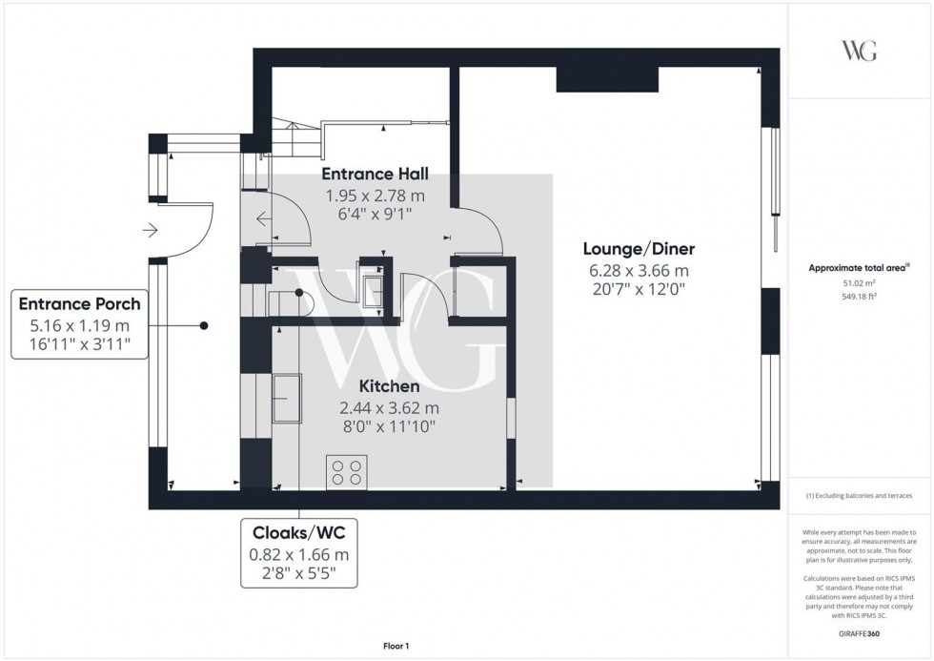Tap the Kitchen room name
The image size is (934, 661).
click(x=389, y=386)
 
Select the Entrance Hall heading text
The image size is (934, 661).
click(x=375, y=174)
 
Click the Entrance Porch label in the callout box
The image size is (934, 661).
click(x=80, y=304)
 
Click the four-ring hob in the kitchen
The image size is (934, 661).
click(x=345, y=473)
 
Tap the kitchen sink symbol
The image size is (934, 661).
click(x=286, y=397)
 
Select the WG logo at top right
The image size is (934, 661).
click(x=860, y=52)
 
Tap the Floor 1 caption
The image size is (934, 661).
click(x=393, y=647)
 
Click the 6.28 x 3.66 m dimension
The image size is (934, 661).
click(x=637, y=270)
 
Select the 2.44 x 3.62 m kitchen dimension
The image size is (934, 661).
click(x=389, y=407)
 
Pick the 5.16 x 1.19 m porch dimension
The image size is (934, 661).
click(x=80, y=325)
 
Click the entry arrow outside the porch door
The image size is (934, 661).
click(x=150, y=230)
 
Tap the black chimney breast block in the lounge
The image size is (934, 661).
click(x=607, y=80)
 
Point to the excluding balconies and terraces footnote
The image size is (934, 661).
click(x=859, y=496)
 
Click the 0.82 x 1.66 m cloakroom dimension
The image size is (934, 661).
click(x=298, y=554)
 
